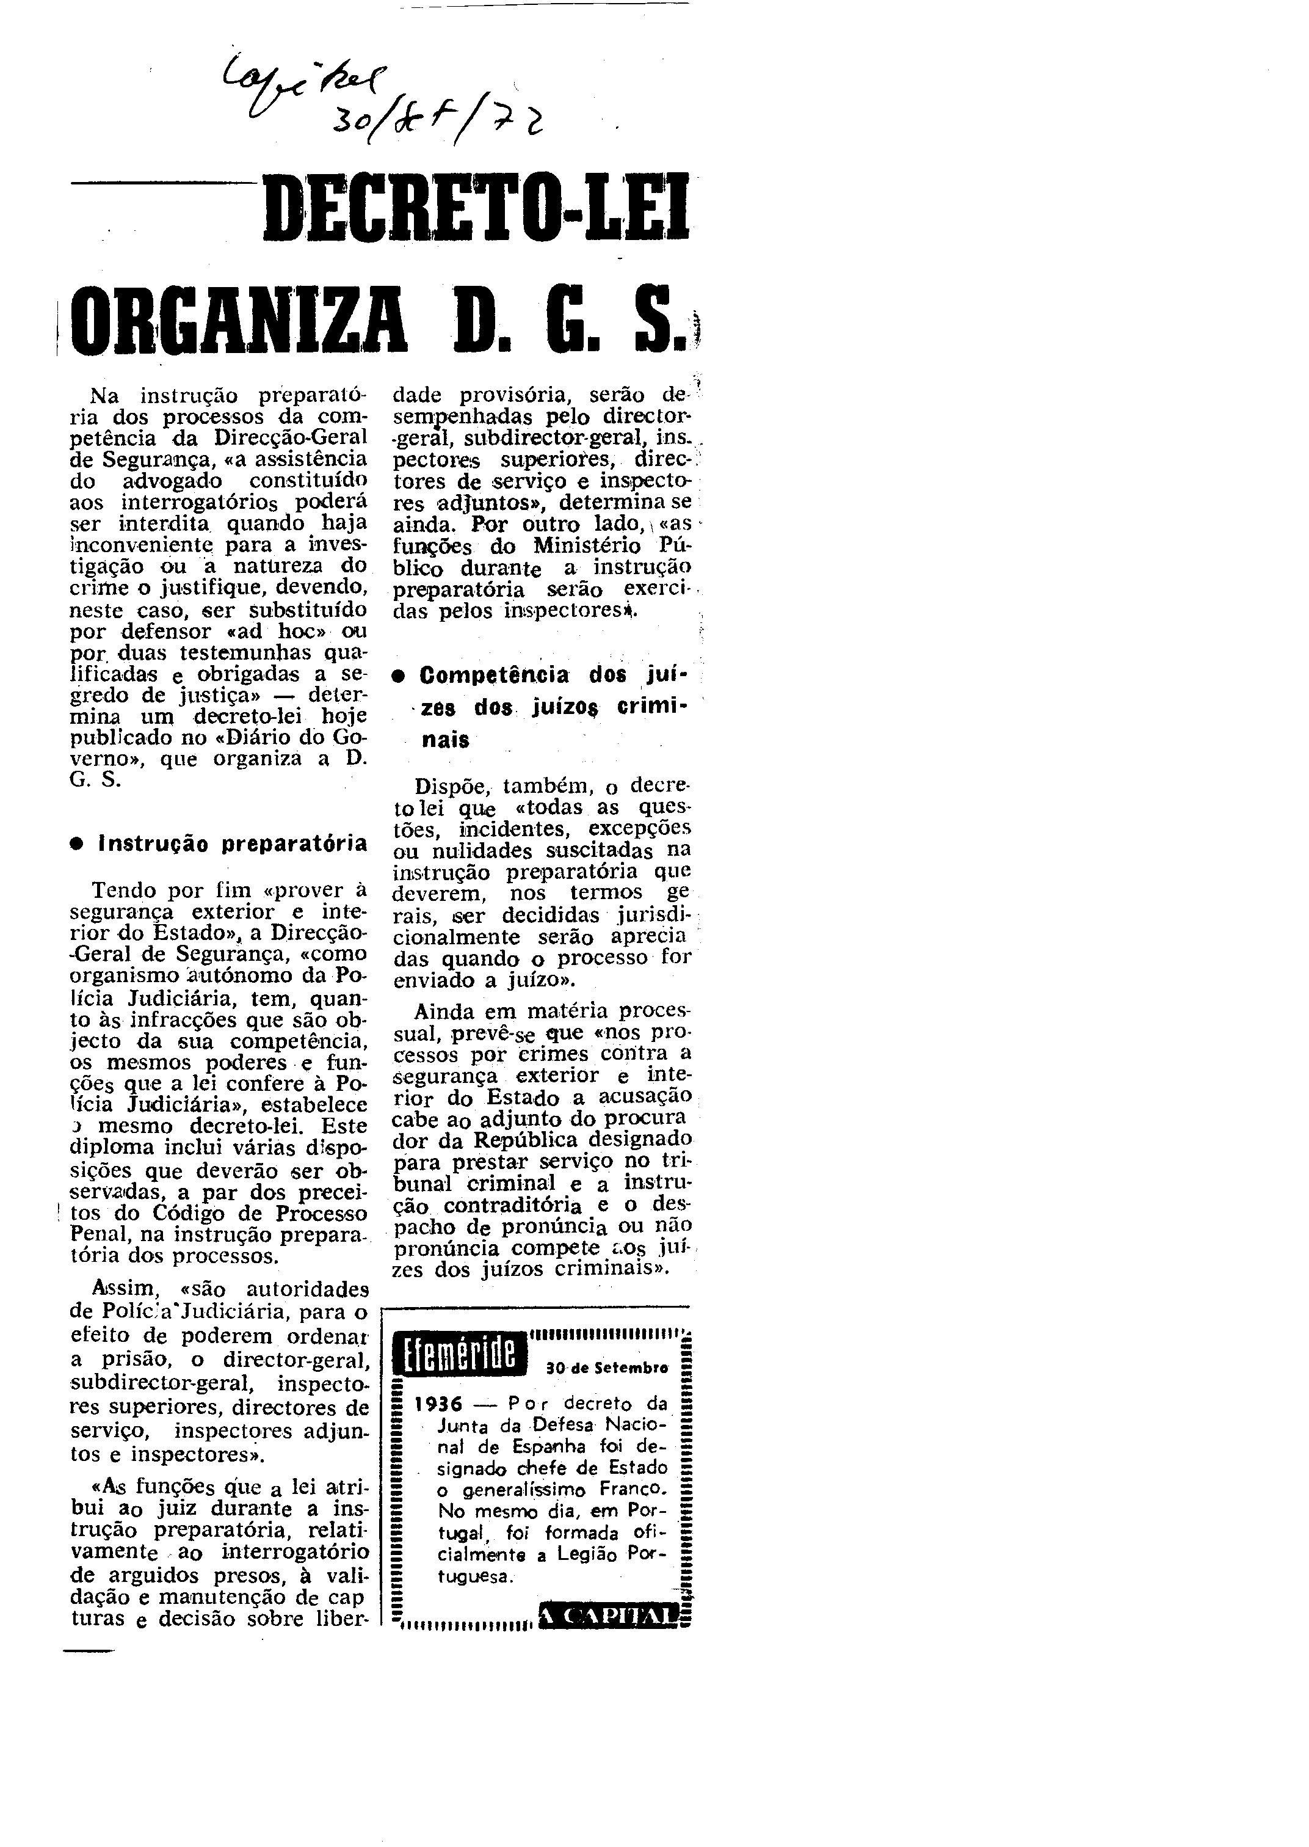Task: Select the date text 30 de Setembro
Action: pyautogui.click(x=607, y=1368)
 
